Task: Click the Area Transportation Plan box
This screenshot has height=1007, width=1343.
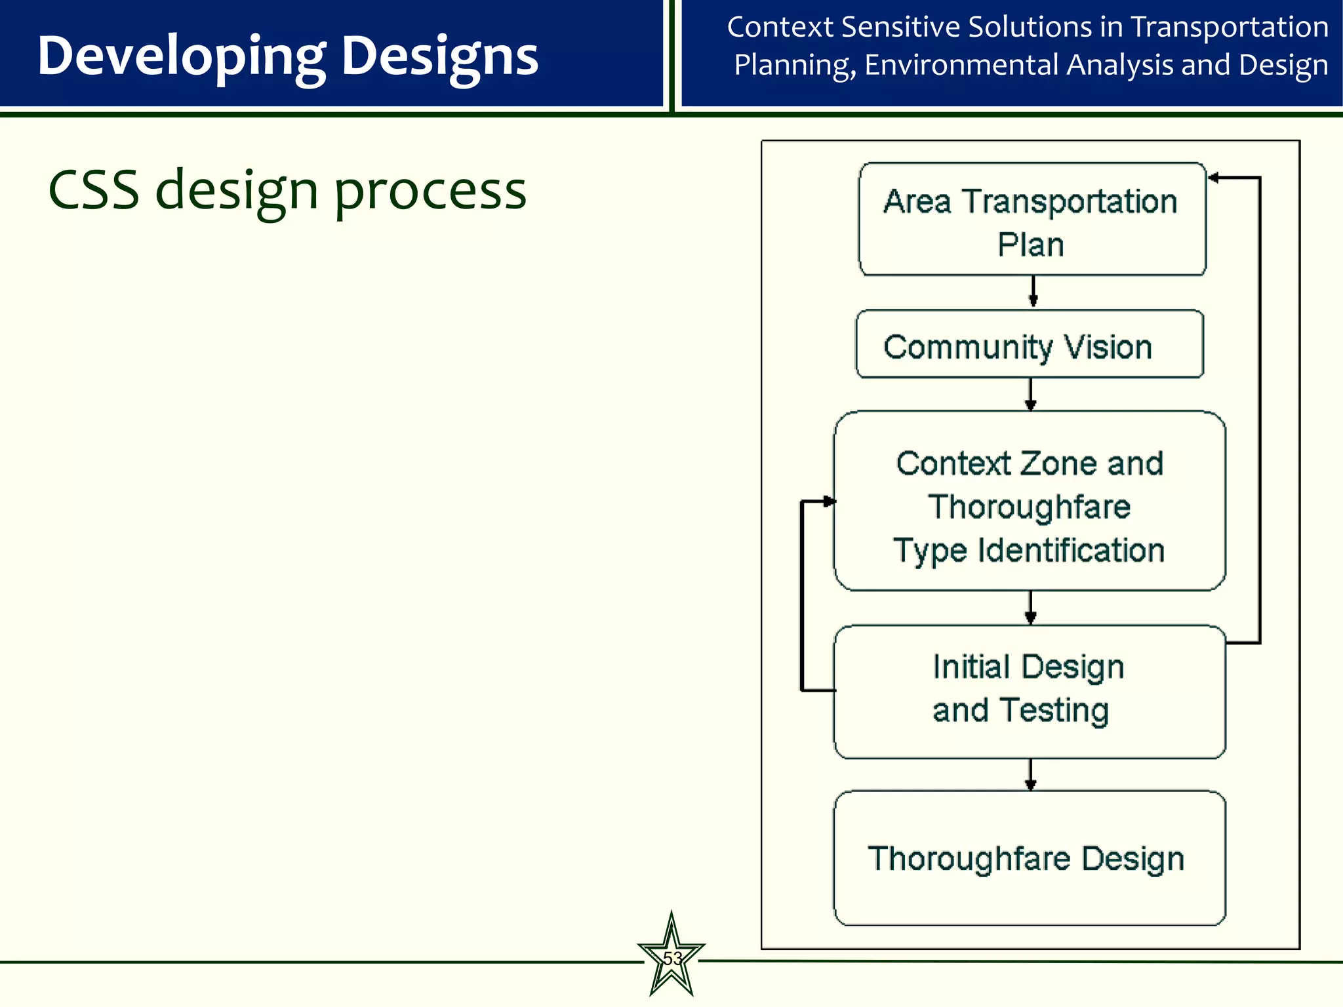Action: click(1032, 220)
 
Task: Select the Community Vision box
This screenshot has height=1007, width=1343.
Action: click(1030, 344)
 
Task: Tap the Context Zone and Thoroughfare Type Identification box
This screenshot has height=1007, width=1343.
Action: click(1030, 502)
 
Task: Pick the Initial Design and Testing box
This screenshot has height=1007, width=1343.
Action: click(1030, 692)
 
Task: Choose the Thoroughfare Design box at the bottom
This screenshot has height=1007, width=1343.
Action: click(1030, 859)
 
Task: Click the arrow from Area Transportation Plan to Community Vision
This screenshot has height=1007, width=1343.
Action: click(1033, 291)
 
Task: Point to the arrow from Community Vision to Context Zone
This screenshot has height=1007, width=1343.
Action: click(1031, 394)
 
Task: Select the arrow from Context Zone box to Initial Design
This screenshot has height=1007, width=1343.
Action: click(1031, 608)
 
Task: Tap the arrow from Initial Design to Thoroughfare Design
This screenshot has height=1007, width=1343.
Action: click(1031, 774)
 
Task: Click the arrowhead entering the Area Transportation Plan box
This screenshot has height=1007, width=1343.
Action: click(1214, 178)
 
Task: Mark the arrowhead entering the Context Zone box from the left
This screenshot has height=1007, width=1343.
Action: click(829, 502)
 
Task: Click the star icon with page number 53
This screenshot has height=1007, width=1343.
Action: click(671, 958)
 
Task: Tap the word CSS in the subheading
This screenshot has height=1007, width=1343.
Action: click(94, 191)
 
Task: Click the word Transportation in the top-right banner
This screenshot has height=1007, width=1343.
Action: click(1230, 28)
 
